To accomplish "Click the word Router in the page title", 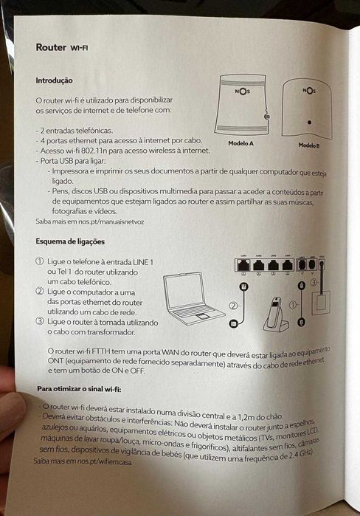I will point(51,48).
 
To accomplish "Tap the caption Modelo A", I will point(241,142).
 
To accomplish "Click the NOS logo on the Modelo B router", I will point(308,92).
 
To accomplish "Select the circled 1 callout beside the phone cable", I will point(293,303).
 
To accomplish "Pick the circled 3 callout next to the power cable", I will point(314,282).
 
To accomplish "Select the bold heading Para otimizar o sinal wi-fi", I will point(79,388).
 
